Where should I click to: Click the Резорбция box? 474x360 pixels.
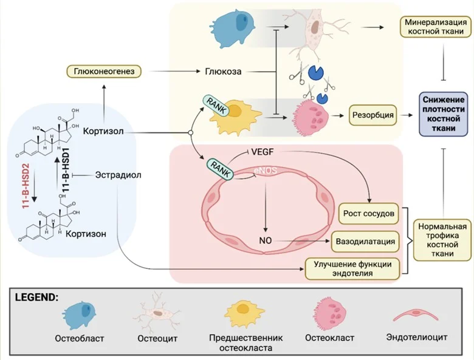click(371, 114)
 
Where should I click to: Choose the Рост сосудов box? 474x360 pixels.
click(370, 214)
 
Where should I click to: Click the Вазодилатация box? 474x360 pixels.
click(365, 242)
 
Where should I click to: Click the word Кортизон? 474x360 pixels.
click(83, 234)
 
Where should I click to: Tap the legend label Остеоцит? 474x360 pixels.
click(158, 338)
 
